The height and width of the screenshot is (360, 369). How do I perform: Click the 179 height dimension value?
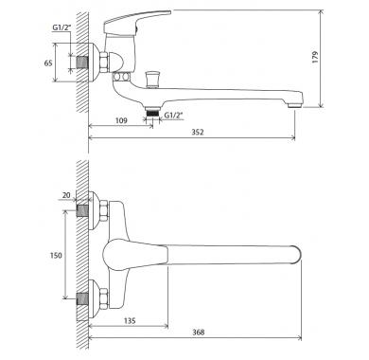(315, 57)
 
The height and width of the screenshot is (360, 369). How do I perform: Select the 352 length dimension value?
(198, 132)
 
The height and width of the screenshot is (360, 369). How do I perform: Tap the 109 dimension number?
(121, 120)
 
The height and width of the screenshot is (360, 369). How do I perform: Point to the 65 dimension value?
(48, 63)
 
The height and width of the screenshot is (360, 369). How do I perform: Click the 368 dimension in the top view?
(198, 332)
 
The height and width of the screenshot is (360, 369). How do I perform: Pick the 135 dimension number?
(130, 320)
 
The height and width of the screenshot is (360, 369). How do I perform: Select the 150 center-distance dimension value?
(56, 255)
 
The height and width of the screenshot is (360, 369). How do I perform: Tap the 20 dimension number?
(66, 195)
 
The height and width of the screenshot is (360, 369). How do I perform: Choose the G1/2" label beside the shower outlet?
(173, 116)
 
